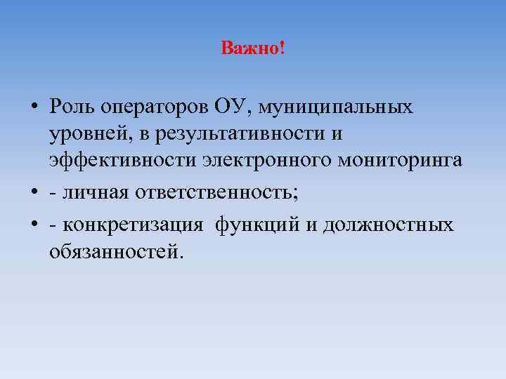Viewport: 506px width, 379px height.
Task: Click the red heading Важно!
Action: pos(252,49)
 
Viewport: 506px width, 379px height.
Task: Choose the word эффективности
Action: pos(122,159)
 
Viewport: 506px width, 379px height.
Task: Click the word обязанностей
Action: pos(116,251)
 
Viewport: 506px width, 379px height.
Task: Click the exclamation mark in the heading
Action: pos(282,49)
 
